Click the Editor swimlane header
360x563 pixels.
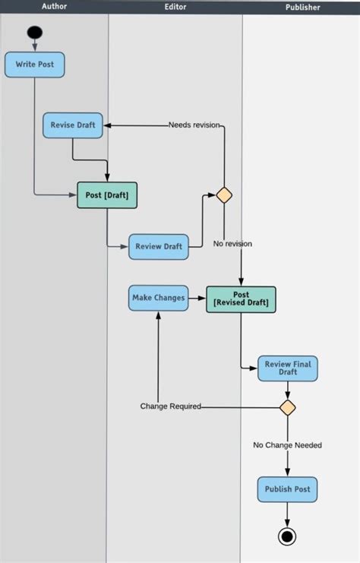pos(175,7)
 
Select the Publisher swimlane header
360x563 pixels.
pos(302,7)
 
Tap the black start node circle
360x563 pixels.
pos(35,33)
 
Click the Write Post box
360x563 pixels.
pos(35,65)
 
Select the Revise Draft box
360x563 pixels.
pos(73,125)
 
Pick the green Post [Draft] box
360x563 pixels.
pos(107,195)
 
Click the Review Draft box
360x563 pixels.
pos(158,246)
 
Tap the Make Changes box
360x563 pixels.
pos(158,298)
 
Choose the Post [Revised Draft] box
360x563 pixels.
pos(241,299)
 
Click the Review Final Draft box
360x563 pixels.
pos(287,368)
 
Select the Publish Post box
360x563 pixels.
pos(287,489)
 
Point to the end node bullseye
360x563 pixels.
pos(287,537)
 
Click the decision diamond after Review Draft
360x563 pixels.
pos(224,195)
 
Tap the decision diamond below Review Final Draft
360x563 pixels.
pos(287,408)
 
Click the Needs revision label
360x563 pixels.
pos(194,125)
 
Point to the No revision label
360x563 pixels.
pos(232,244)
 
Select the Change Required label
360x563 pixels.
pos(170,406)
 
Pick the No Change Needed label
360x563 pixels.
pos(287,445)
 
